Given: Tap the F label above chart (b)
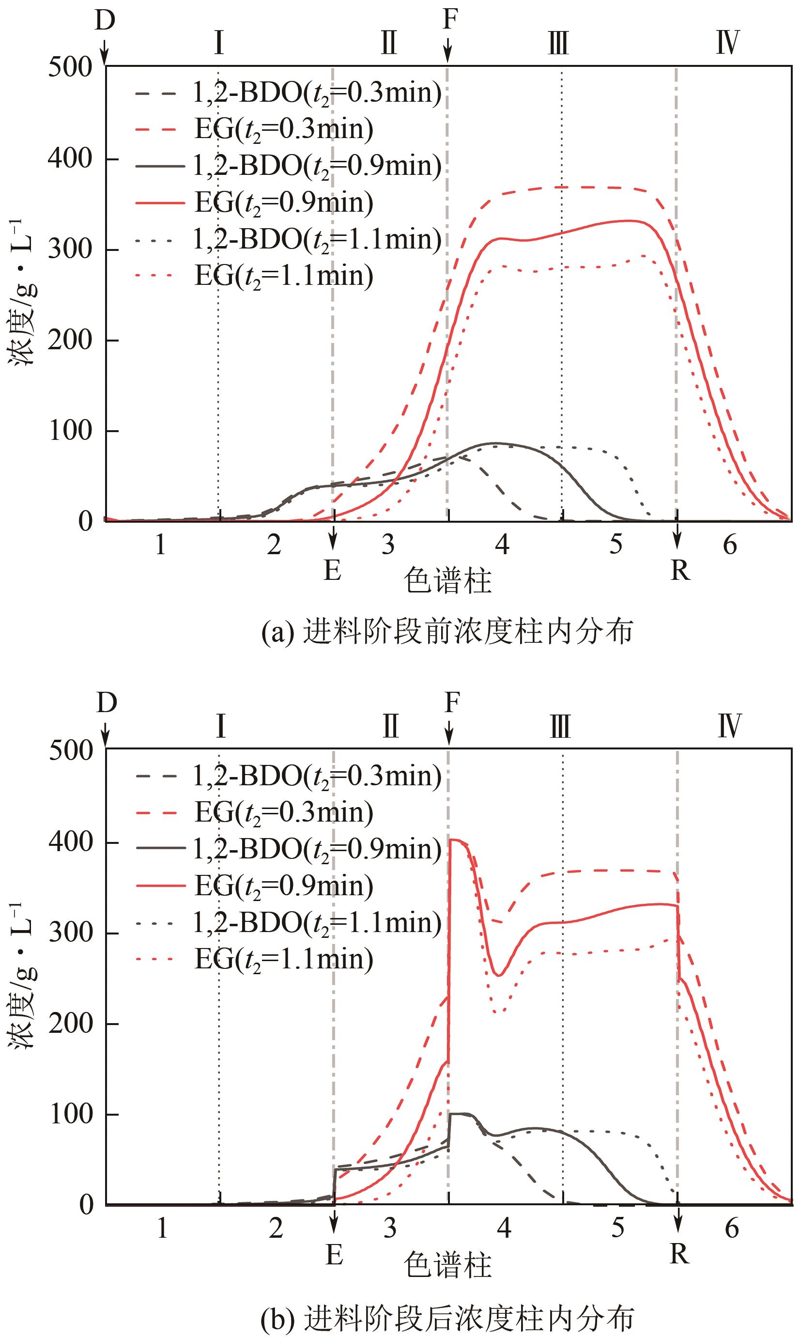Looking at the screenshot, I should (452, 702).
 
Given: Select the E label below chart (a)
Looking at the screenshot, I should (333, 570).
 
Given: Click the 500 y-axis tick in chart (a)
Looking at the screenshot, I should (70, 68).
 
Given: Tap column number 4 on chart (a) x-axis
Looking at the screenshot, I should (502, 545).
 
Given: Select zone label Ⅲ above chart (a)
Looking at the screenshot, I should (558, 43).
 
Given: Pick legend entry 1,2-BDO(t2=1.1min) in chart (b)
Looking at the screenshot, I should (317, 923).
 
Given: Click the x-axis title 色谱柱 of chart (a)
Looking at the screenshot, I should (448, 581).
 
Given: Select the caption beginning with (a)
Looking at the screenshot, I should (447, 632).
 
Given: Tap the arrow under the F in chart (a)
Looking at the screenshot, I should (447, 53).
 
